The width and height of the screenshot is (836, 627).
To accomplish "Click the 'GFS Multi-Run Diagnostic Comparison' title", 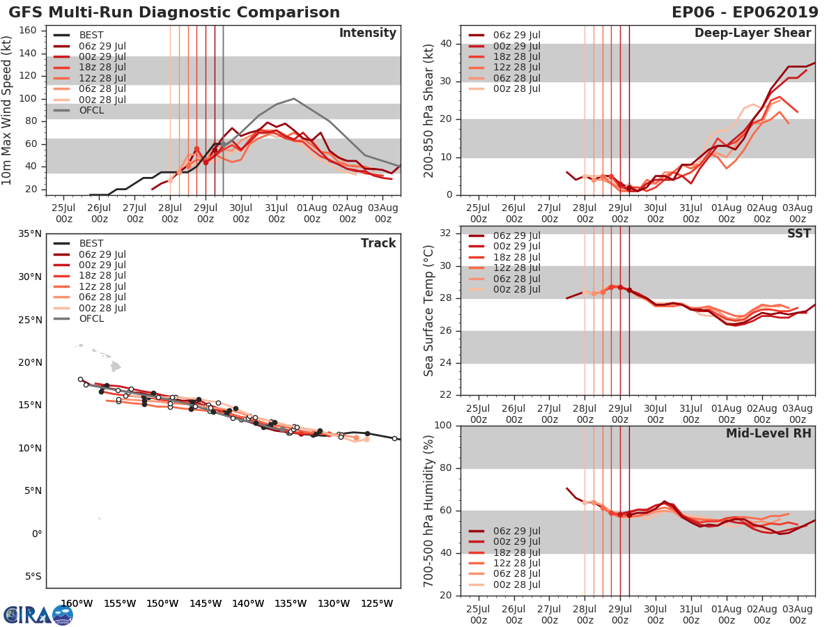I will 174,13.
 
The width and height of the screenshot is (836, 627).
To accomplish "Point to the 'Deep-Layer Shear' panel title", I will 752,33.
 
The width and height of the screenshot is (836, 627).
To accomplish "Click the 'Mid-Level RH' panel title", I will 768,433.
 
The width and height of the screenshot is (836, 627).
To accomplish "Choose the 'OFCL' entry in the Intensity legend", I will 91,110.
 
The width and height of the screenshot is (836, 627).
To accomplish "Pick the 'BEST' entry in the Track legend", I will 91,243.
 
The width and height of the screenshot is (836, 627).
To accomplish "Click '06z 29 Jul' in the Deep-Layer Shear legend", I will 516,35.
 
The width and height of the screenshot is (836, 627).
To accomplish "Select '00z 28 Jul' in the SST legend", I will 516,289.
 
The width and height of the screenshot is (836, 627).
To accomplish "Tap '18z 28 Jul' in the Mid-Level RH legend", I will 516,552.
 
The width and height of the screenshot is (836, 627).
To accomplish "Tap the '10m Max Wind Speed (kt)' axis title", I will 8,109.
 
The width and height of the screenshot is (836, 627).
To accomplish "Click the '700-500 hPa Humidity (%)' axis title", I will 428,510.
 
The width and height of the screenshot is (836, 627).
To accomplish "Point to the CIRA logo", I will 38,614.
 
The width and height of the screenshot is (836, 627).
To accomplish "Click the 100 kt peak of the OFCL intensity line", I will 294,98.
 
